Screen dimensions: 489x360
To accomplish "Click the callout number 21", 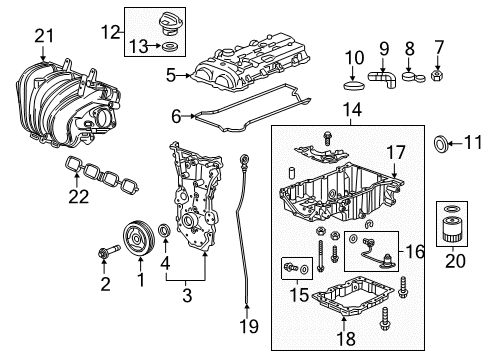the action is tap(44, 36).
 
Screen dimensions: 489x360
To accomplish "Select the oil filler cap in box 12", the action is tap(169, 23).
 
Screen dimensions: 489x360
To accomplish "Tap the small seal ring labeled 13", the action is tap(170, 47).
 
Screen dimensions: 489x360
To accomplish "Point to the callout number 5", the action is tap(171, 76).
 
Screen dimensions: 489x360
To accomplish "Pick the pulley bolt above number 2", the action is tap(109, 252).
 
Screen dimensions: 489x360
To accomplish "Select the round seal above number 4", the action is tap(165, 230).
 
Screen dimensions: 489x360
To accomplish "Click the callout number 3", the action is tap(187, 295).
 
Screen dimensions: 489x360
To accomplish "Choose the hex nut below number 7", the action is tap(437, 76).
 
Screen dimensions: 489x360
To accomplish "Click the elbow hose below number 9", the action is tap(383, 79).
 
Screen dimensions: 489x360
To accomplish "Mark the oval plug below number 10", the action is tap(354, 85).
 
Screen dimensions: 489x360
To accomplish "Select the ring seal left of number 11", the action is tap(440, 144).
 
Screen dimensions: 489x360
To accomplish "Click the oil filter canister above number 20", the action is tap(452, 229).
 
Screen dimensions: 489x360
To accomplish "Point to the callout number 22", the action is tap(79, 196).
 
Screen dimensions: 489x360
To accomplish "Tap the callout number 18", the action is tap(346, 339).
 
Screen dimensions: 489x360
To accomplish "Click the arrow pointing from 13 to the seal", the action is tap(155, 46).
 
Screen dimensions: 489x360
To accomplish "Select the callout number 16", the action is tap(415, 252).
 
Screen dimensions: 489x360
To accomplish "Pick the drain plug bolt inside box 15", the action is tap(291, 267).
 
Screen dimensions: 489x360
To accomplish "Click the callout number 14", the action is tap(352, 109).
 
